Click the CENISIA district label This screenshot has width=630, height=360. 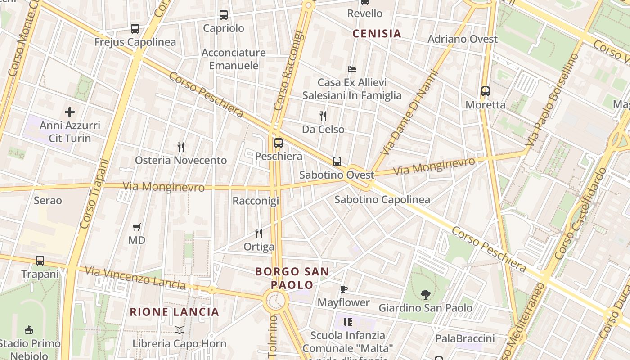pos(377,34)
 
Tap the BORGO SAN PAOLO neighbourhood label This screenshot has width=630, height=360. pos(292,278)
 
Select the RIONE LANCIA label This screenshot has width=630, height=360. pos(175,312)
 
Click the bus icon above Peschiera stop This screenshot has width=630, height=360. pos(279,143)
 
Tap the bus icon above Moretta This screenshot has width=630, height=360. pos(485,91)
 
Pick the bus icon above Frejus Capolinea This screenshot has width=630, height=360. pos(135,29)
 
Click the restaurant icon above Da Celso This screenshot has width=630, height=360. pos(323,116)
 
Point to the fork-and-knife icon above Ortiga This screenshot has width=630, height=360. pos(259,233)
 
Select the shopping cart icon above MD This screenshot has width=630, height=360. pos(137,227)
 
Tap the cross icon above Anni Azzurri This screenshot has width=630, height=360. pos(70,112)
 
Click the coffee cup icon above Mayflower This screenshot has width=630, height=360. pos(344,289)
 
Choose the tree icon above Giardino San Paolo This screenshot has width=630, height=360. pos(425,295)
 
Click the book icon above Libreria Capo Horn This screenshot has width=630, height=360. pos(180,330)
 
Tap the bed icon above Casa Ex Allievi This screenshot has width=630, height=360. pos(352,69)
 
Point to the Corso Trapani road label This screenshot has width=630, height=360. pos(94,193)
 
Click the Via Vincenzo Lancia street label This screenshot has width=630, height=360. pos(135,278)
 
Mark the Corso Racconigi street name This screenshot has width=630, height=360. pos(288,71)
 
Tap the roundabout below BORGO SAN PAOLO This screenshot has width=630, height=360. pos(275,299)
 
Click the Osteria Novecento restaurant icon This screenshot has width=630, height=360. pos(181,147)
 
